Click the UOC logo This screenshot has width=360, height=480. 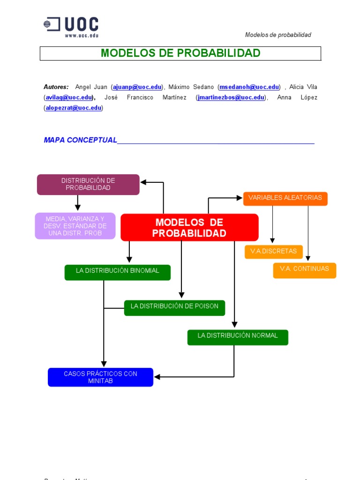pyautogui.click(x=71, y=27)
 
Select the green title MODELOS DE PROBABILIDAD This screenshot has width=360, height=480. pyautogui.click(x=180, y=53)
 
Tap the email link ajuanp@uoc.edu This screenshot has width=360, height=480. pyautogui.click(x=137, y=87)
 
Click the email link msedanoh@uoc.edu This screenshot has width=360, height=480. pyautogui.click(x=249, y=87)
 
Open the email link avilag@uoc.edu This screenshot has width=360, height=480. pyautogui.click(x=68, y=97)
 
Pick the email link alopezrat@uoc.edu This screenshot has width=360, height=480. pyautogui.click(x=73, y=108)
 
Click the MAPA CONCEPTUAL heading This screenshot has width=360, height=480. pyautogui.click(x=80, y=140)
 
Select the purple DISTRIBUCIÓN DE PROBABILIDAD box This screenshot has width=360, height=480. pyautogui.click(x=88, y=184)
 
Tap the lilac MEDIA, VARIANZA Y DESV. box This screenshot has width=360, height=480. pyautogui.click(x=75, y=226)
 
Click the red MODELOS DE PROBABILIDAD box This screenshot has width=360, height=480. pyautogui.click(x=189, y=227)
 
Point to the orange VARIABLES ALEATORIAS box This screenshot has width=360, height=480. pyautogui.click(x=285, y=198)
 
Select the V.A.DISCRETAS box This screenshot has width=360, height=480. pyautogui.click(x=274, y=252)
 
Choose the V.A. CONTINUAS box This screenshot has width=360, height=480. pyautogui.click(x=305, y=270)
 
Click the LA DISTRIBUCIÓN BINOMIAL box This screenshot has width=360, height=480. pyautogui.click(x=118, y=272)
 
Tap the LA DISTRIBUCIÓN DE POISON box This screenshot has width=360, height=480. pyautogui.click(x=174, y=307)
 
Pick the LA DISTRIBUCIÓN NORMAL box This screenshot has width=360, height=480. pyautogui.click(x=238, y=337)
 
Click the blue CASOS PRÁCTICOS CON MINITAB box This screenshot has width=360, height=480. pyautogui.click(x=100, y=377)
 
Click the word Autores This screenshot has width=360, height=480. pyautogui.click(x=56, y=87)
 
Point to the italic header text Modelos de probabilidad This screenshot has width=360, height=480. pyautogui.click(x=278, y=35)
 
